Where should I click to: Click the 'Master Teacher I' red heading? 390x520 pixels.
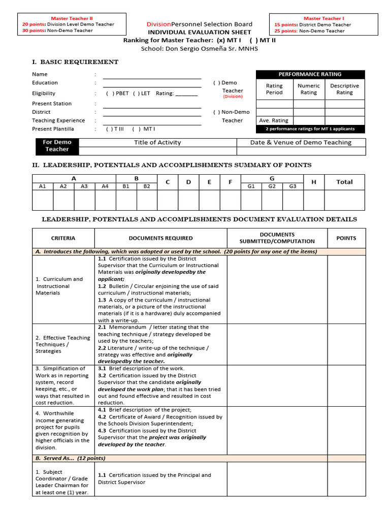click(323, 18)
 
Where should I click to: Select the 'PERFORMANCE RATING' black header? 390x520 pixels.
click(310, 74)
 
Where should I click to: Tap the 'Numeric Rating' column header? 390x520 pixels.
click(309, 89)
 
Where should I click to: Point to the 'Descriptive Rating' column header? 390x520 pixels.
click(344, 89)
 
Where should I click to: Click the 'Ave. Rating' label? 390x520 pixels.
click(274, 120)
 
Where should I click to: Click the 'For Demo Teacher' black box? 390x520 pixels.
click(57, 146)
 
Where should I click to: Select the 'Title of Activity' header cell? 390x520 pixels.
click(157, 143)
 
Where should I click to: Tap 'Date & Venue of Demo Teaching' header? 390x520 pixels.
click(301, 143)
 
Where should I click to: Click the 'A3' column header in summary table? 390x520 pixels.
click(84, 186)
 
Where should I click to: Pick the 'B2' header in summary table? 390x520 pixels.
click(147, 186)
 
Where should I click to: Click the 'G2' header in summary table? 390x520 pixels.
click(272, 186)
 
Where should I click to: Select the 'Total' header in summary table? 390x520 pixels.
click(344, 182)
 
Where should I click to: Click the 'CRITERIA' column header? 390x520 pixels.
click(63, 238)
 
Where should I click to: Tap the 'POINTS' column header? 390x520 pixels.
click(346, 238)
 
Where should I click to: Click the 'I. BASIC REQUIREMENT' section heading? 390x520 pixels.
click(75, 62)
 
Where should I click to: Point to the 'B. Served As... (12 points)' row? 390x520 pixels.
click(71, 458)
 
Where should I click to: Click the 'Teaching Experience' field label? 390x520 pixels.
click(58, 120)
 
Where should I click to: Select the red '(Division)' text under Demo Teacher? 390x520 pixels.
click(233, 96)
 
